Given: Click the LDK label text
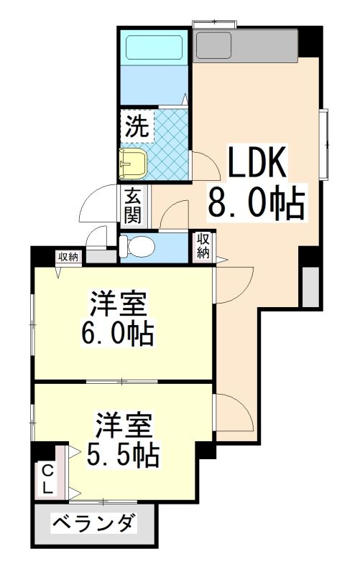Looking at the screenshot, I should (x=257, y=164).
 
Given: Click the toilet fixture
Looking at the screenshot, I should (x=136, y=245).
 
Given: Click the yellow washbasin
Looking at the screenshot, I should (x=134, y=164).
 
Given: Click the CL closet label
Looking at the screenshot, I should (x=47, y=479).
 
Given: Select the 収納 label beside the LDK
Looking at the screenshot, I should (x=203, y=246).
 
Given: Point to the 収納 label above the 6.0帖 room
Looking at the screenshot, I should (x=69, y=258).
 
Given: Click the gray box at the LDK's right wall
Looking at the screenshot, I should (x=311, y=287).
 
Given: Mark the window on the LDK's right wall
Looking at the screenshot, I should (x=325, y=144).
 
